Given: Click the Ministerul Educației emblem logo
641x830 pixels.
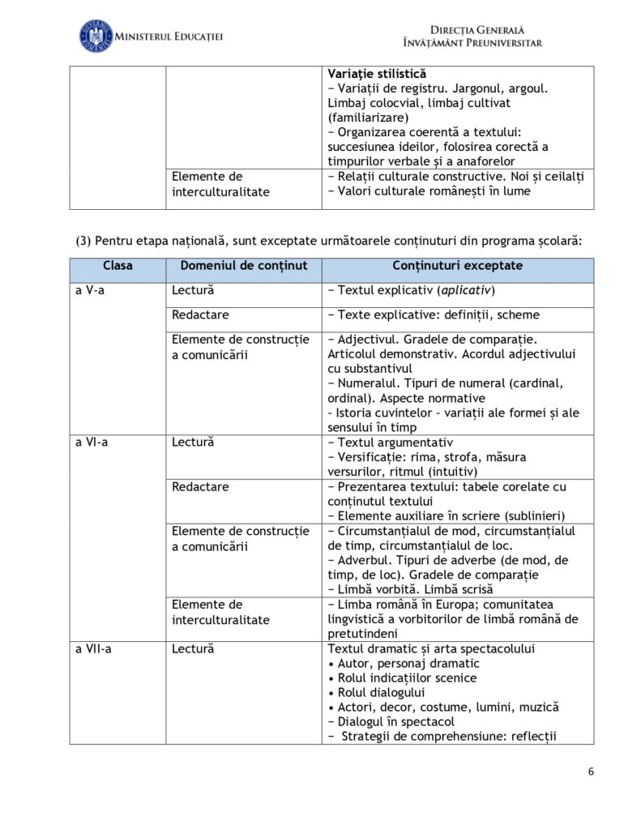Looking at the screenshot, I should (x=95, y=36).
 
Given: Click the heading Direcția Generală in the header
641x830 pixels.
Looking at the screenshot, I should (x=471, y=29).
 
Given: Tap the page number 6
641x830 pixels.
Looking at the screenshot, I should (x=591, y=772).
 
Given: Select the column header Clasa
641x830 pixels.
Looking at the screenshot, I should (x=118, y=266).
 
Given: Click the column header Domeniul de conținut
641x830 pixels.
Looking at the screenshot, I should (x=244, y=266).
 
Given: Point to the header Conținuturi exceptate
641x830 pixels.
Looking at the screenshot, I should (x=457, y=266).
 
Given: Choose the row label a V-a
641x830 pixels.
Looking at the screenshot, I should (x=90, y=290).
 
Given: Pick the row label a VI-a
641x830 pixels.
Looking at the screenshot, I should (x=92, y=443).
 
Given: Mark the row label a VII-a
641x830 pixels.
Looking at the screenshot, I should (x=93, y=649).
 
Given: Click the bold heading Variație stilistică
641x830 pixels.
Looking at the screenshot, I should (x=377, y=74).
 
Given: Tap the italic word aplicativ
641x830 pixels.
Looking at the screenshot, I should (x=466, y=290).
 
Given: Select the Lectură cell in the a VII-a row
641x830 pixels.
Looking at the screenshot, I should (x=193, y=649).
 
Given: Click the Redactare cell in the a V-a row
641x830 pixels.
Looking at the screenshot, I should (x=200, y=314).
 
